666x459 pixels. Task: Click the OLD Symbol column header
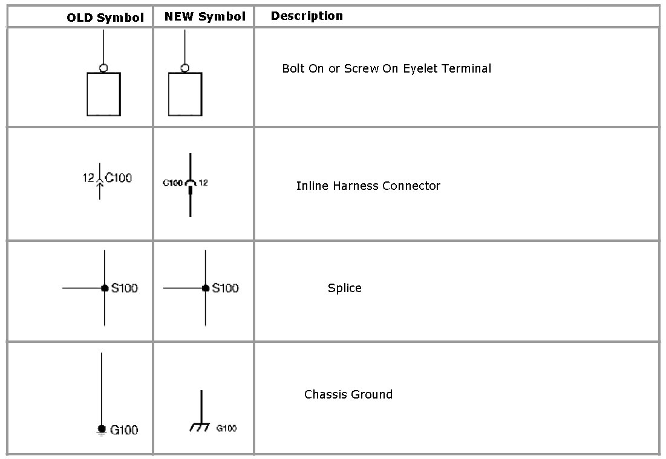pyautogui.click(x=105, y=18)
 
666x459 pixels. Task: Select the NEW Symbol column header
pyautogui.click(x=205, y=17)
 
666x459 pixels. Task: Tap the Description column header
pyautogui.click(x=307, y=16)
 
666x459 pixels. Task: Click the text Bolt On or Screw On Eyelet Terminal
pyautogui.click(x=387, y=68)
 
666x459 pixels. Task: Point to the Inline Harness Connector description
pyautogui.click(x=368, y=186)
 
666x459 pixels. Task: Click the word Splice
pyautogui.click(x=345, y=288)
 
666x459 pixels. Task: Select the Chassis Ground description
pyautogui.click(x=348, y=394)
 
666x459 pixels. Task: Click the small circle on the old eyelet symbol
pyautogui.click(x=103, y=68)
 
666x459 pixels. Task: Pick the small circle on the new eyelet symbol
pyautogui.click(x=184, y=68)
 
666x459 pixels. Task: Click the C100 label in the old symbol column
pyautogui.click(x=118, y=178)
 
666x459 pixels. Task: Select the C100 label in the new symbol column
pyautogui.click(x=172, y=183)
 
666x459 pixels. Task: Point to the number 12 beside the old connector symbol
pyautogui.click(x=88, y=178)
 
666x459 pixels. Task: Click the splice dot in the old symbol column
pyautogui.click(x=105, y=288)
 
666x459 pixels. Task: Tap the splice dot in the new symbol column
pyautogui.click(x=206, y=288)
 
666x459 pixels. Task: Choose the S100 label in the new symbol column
pyautogui.click(x=225, y=288)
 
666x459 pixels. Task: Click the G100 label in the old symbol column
pyautogui.click(x=124, y=430)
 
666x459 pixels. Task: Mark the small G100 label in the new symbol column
pyautogui.click(x=226, y=428)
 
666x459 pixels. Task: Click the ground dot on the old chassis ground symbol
pyautogui.click(x=101, y=428)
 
